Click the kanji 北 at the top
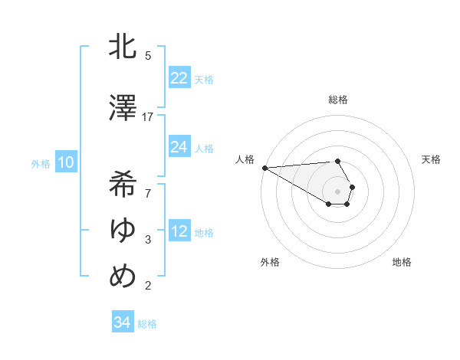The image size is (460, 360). click(x=123, y=47)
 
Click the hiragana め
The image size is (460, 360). click(x=123, y=275)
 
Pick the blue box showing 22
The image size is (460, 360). click(x=179, y=78)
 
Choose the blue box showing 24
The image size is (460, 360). click(x=179, y=147)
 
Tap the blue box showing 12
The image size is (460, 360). click(x=179, y=231)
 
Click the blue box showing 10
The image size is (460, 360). click(x=66, y=162)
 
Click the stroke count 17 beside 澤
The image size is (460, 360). click(x=148, y=116)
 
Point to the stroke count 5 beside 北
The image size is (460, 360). click(x=148, y=55)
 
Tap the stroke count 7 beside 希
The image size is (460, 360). click(x=148, y=192)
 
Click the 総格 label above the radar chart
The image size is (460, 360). click(x=338, y=100)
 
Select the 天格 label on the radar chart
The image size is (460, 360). click(x=432, y=159)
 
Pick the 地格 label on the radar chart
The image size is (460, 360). click(x=402, y=262)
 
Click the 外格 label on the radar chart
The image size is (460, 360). click(x=270, y=262)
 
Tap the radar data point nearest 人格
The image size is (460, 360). click(x=264, y=168)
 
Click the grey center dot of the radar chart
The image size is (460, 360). click(x=338, y=191)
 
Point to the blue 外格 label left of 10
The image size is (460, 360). click(x=41, y=163)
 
